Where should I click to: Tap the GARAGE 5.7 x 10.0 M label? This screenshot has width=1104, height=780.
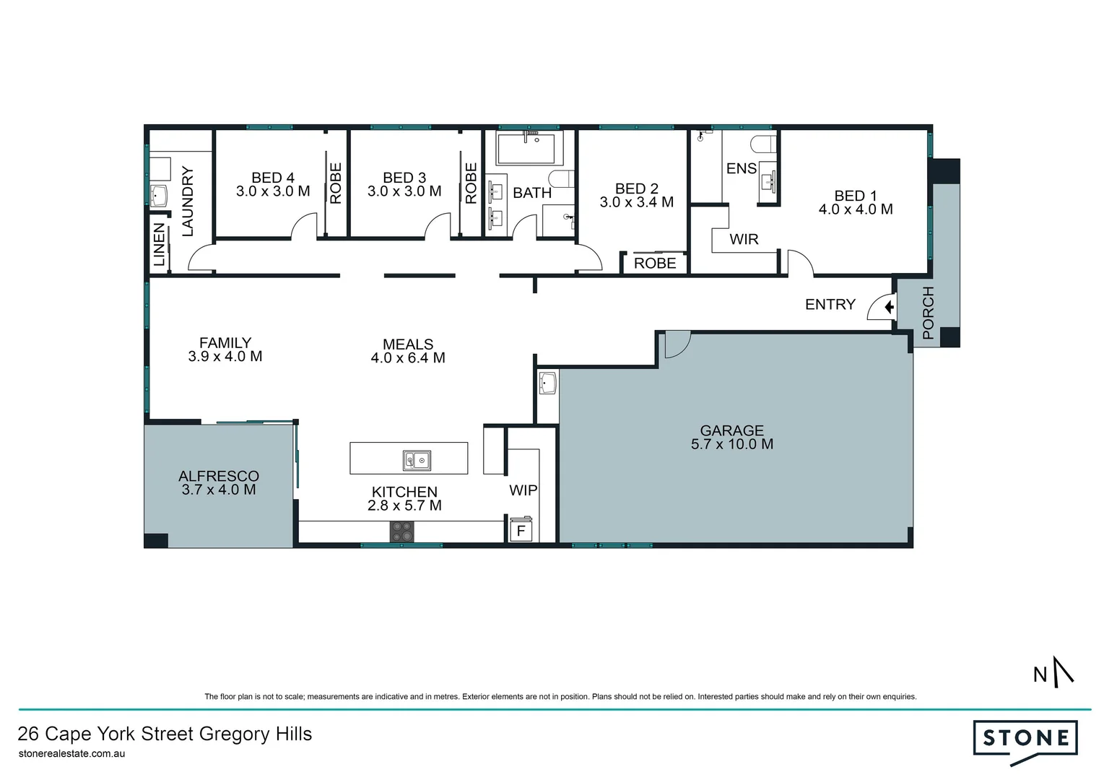point(731,437)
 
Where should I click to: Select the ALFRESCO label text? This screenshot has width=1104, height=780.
point(218,476)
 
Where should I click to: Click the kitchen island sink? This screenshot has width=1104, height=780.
point(417,459)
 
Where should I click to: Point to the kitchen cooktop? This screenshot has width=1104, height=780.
point(402,532)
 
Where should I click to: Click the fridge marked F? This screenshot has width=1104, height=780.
point(521,531)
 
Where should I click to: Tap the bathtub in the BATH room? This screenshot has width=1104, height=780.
point(529,148)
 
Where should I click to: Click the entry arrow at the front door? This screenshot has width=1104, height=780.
point(889,308)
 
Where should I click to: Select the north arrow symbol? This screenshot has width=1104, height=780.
point(1062,671)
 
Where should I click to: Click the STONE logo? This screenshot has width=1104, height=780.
point(1025,739)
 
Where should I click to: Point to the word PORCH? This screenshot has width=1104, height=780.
point(928,313)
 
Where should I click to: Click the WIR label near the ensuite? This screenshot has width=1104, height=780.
point(744,239)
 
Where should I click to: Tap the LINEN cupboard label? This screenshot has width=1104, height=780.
point(160,245)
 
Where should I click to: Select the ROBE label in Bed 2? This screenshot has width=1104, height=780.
point(655,264)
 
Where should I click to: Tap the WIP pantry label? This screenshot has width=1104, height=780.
point(523,490)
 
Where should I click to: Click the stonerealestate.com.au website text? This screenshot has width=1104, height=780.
point(71,753)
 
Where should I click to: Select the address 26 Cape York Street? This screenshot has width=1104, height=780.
point(165,734)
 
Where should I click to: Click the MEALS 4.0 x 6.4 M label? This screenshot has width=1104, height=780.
point(408,351)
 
